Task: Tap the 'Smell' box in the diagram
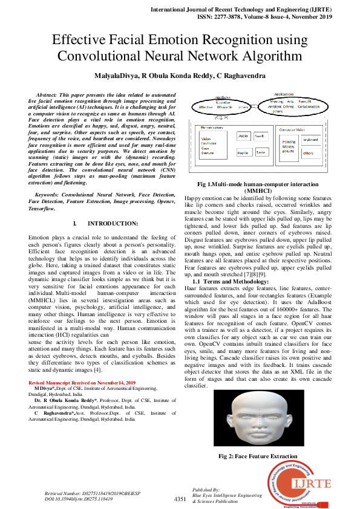click(x=260, y=137)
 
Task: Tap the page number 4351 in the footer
click(x=180, y=499)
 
